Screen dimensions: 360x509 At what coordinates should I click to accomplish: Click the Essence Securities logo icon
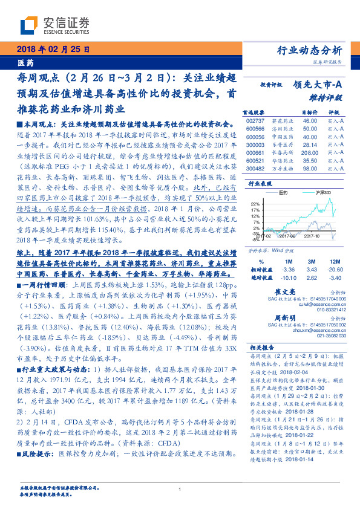click(x=30, y=24)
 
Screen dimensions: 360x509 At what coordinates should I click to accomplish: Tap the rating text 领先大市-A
click(x=319, y=85)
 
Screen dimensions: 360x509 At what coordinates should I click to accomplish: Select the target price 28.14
click(x=309, y=144)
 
